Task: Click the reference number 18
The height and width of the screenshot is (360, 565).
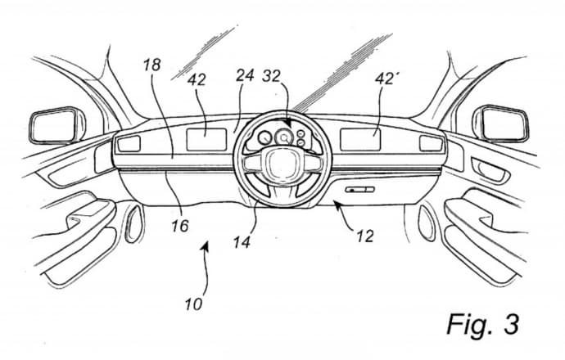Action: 151,65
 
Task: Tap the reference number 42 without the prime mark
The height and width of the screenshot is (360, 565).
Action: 196,79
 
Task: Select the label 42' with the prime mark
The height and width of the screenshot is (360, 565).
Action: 385,78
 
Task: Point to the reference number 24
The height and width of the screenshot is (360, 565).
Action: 245,76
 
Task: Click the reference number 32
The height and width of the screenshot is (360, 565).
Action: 271,76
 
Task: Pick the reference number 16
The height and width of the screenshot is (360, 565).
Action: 180,226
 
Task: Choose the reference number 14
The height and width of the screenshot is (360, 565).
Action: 241,242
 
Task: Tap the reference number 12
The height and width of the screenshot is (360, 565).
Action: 365,236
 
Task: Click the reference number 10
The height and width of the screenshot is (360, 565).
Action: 193,304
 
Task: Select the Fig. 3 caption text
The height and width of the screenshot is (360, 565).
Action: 483,324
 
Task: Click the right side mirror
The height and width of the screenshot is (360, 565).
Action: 502,124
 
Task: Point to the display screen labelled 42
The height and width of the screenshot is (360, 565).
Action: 206,139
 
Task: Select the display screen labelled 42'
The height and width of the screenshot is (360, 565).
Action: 360,139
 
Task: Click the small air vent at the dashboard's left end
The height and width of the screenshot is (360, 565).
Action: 129,144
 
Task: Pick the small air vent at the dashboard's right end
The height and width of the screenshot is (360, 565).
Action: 431,144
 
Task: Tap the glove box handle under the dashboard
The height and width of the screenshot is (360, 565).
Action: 359,189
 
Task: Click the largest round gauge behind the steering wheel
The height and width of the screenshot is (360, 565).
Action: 284,137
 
